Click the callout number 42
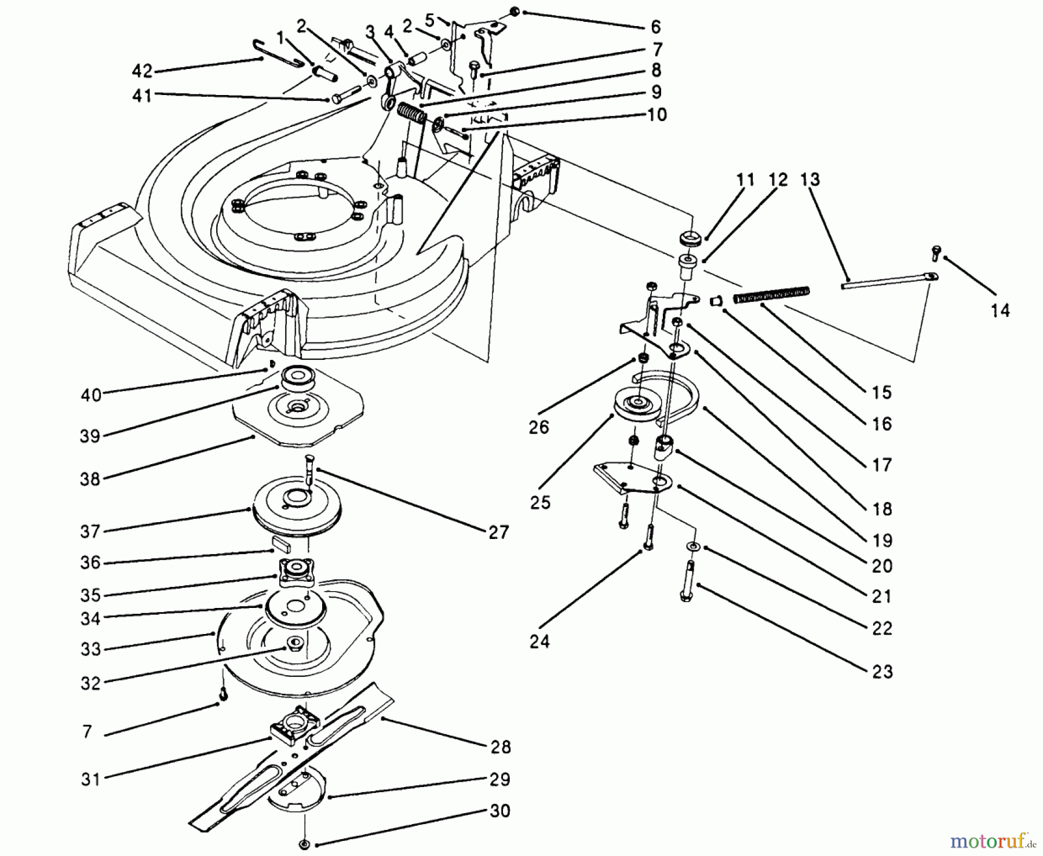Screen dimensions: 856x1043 coord(141,71)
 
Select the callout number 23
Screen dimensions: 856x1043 coord(881,672)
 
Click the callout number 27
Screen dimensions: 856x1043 coord(498,532)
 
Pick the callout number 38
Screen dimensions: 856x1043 coord(90,479)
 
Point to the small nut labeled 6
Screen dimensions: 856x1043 coord(515,12)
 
